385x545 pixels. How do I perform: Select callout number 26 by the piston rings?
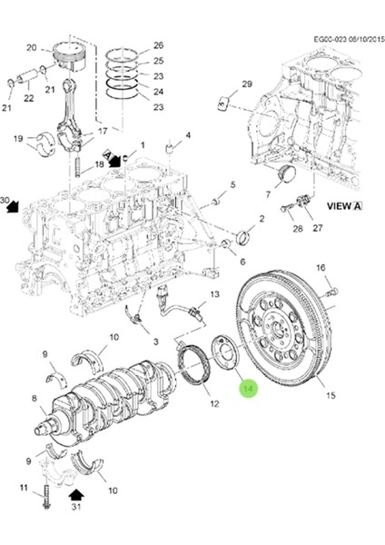[158, 46]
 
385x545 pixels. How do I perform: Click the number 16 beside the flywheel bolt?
[320, 267]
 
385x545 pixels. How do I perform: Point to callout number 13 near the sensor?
[215, 295]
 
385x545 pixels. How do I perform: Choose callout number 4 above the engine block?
[188, 135]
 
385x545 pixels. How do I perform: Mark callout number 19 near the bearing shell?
[17, 138]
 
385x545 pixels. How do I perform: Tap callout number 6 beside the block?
[242, 261]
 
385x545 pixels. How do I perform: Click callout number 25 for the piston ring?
[158, 62]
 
